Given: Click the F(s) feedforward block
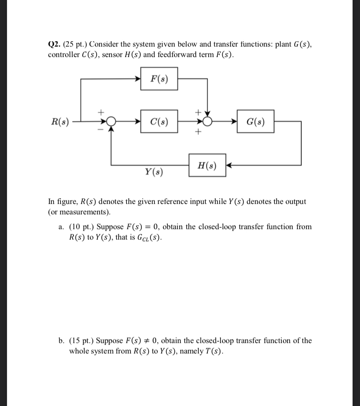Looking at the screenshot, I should (159, 79).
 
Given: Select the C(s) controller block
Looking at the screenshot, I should (159, 121).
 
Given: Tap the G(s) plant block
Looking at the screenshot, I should (256, 121).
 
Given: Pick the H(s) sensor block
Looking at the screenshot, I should (207, 165).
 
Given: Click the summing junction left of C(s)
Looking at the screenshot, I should (112, 121).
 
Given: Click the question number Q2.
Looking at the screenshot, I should (54, 44).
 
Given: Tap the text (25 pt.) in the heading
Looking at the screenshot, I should (75, 44).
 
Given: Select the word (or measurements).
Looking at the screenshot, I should (79, 213).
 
